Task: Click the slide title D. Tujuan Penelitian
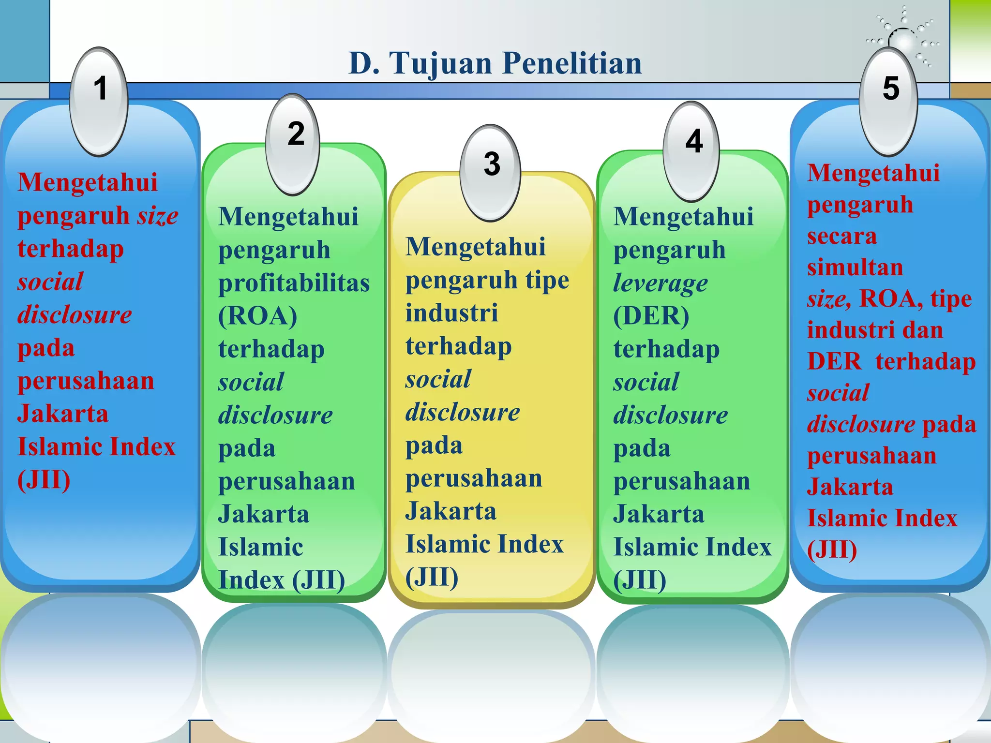pos(495,63)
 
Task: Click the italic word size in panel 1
pos(158,216)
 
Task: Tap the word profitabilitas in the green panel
pos(294,283)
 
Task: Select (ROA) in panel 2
pos(257,316)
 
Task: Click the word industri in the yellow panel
pos(451,313)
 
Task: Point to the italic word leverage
pos(660,283)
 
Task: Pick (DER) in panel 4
pos(651,316)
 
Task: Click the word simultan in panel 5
pos(855,267)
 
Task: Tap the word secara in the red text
pos(842,237)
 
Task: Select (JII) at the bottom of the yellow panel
pos(432,577)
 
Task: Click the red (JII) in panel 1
pos(44,480)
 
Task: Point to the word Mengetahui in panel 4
pos(683,216)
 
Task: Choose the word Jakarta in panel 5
pos(850,487)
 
